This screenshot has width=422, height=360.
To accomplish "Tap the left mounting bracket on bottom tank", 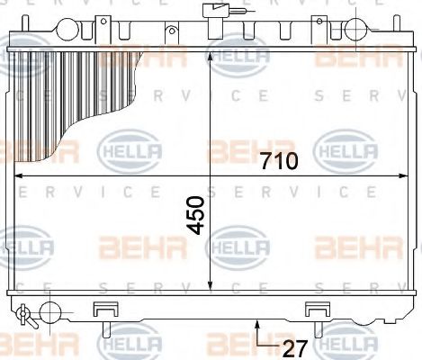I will click(105, 310).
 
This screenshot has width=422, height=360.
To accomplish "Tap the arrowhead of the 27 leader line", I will click(257, 321).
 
